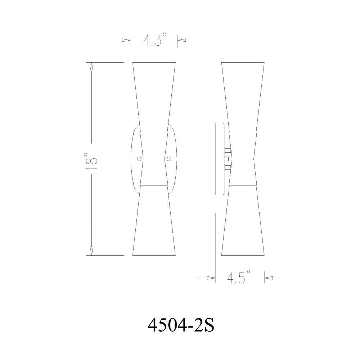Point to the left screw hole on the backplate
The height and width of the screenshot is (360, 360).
pyautogui.click(x=139, y=159)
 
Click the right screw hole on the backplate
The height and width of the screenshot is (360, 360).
pyautogui.click(x=169, y=159)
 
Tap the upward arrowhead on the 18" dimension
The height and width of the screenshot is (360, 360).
pyautogui.click(x=91, y=67)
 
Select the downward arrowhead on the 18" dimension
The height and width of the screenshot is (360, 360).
pyautogui.click(x=91, y=251)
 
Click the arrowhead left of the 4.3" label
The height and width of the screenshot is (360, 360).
pyautogui.click(x=126, y=40)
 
